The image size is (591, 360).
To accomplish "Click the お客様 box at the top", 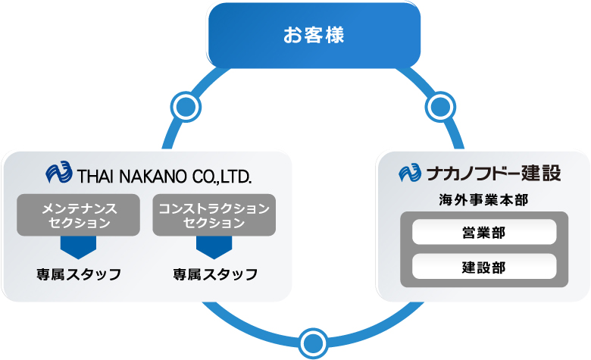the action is pos(314,35).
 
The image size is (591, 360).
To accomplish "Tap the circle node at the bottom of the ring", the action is pos(313,343).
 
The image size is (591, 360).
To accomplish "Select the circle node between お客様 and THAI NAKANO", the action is pos(186,107).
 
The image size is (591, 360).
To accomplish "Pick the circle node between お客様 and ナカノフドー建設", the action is pos(440,107).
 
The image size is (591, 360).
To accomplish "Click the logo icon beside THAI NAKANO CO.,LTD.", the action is pos(59,172).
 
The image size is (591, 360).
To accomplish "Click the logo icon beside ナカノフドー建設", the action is pos(410,173).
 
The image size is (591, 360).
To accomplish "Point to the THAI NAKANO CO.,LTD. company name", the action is pos(164,177).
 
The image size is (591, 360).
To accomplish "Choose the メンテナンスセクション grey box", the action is pos(78,215).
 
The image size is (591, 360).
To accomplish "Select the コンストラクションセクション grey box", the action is pos(214,215).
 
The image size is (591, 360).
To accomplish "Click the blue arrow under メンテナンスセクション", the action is pos(78,247).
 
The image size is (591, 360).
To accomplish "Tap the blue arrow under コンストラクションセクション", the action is pos(214,247).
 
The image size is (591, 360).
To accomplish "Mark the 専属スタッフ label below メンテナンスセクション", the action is pos(79,274).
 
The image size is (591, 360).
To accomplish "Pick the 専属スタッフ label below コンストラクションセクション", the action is pos(215,274).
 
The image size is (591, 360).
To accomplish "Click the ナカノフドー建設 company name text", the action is pos(494,173).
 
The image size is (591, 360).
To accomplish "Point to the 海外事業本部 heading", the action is pos(483,200).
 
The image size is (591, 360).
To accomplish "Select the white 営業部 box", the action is pos(484,232).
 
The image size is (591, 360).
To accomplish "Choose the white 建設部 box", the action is pos(484,266).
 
